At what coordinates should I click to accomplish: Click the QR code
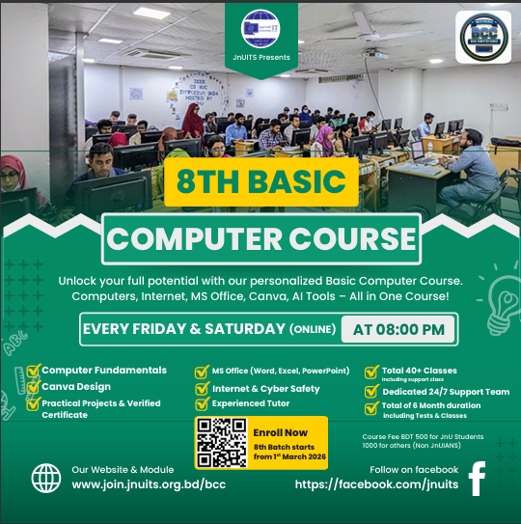222,442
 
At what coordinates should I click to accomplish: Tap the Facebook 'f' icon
476,478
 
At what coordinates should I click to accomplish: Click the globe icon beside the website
45,478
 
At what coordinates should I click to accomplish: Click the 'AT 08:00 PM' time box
398,329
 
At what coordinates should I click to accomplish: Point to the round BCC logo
484,38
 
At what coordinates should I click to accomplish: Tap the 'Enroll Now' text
282,432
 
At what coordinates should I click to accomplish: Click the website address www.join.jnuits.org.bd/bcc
150,484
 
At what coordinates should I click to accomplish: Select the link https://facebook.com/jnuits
375,484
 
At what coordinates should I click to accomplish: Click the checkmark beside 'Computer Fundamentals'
33,370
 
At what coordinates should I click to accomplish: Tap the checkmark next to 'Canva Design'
33,387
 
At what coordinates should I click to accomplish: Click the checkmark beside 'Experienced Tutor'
202,404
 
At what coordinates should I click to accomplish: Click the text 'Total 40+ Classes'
419,370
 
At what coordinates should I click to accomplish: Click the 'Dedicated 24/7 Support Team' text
437,392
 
